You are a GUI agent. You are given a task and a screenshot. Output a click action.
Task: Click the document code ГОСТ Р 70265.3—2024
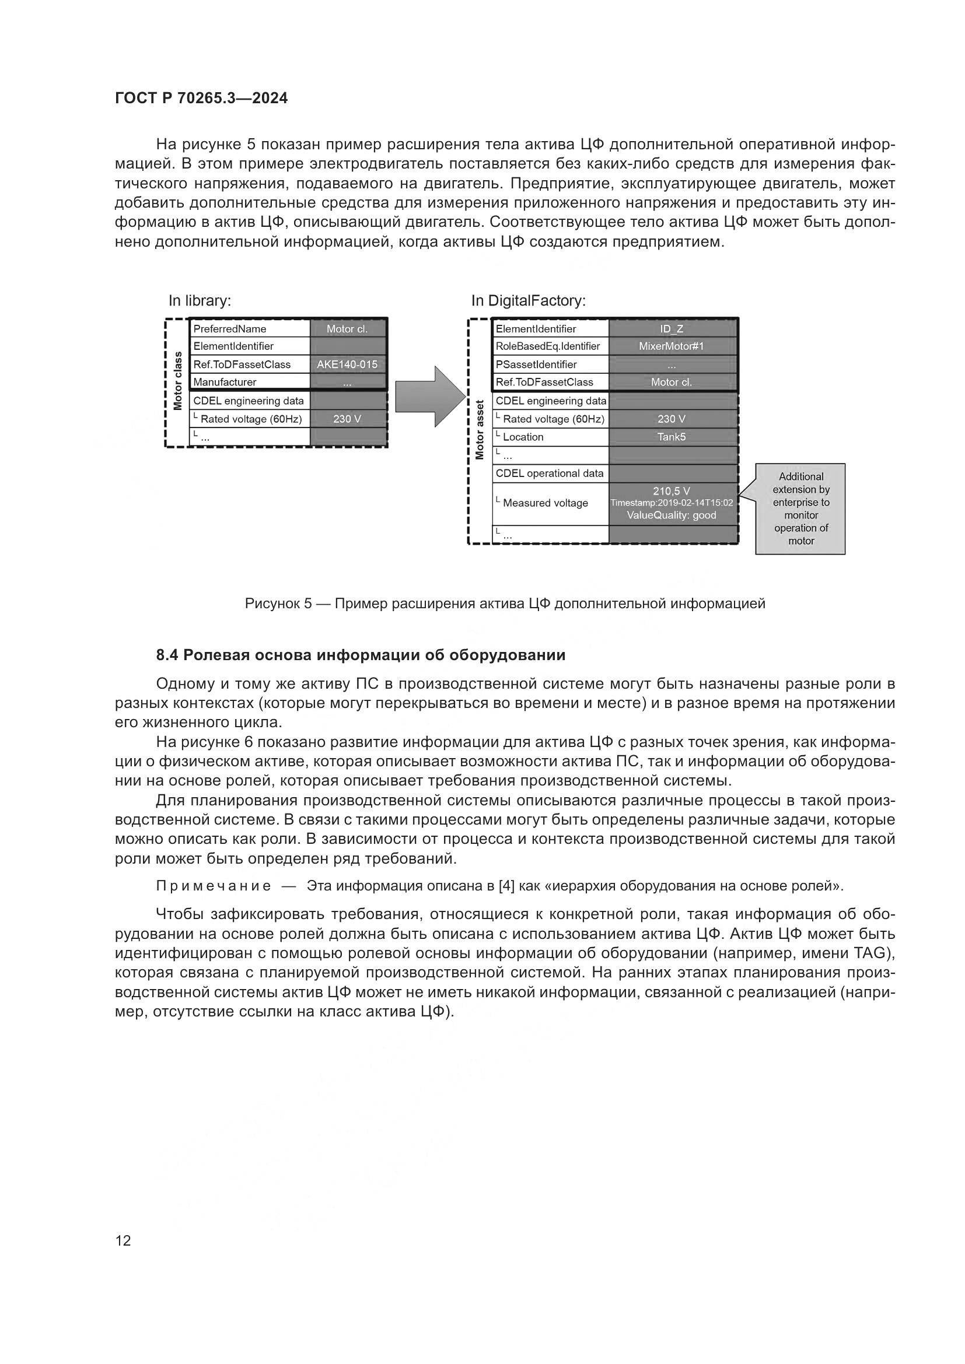pyautogui.click(x=201, y=98)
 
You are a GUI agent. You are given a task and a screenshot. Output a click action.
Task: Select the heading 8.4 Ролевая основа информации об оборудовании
pyautogui.click(x=360, y=655)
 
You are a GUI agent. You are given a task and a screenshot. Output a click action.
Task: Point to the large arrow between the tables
pyautogui.click(x=430, y=396)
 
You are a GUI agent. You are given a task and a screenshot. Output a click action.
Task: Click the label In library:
pyautogui.click(x=200, y=300)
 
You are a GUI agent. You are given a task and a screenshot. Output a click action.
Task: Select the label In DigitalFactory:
pyautogui.click(x=528, y=300)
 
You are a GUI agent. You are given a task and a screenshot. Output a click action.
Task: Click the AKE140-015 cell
pyautogui.click(x=347, y=364)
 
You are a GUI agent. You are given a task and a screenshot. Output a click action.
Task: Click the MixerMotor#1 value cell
pyautogui.click(x=672, y=346)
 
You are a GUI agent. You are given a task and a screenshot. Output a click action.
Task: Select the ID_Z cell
pyautogui.click(x=672, y=328)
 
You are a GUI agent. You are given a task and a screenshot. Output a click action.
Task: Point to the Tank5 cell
pyautogui.click(x=672, y=437)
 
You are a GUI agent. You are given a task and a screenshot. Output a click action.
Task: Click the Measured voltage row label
pyautogui.click(x=546, y=503)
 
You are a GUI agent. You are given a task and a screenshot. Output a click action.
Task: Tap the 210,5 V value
pyautogui.click(x=672, y=490)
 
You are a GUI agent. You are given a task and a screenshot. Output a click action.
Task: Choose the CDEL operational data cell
pyautogui.click(x=550, y=474)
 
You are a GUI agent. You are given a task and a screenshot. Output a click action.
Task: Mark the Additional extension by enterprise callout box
pyautogui.click(x=800, y=509)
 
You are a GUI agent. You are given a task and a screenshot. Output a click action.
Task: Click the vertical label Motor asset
pyautogui.click(x=480, y=429)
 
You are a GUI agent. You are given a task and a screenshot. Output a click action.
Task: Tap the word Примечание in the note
pyautogui.click(x=214, y=886)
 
